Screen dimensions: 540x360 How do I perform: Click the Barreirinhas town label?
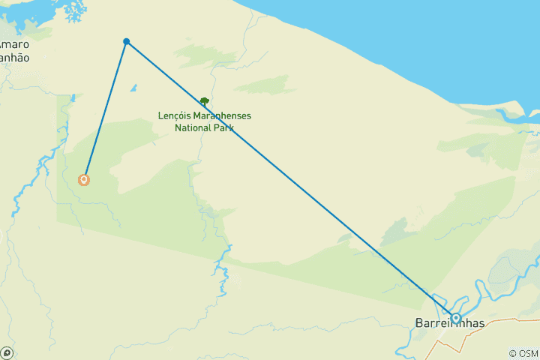450,324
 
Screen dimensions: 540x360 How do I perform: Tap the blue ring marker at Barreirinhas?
455,318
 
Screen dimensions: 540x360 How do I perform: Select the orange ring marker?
84,180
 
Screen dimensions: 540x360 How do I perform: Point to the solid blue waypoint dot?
127,41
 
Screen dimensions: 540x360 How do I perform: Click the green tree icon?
204,100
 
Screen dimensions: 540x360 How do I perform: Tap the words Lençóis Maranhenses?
204,116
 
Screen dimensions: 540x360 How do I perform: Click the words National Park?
204,127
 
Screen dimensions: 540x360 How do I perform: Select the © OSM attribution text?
523,353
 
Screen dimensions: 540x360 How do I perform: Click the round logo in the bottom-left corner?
7,352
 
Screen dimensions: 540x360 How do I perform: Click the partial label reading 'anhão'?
14,58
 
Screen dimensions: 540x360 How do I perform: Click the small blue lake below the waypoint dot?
133,88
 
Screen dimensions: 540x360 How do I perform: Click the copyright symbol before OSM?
512,353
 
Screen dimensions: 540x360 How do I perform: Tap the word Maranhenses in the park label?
221,116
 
